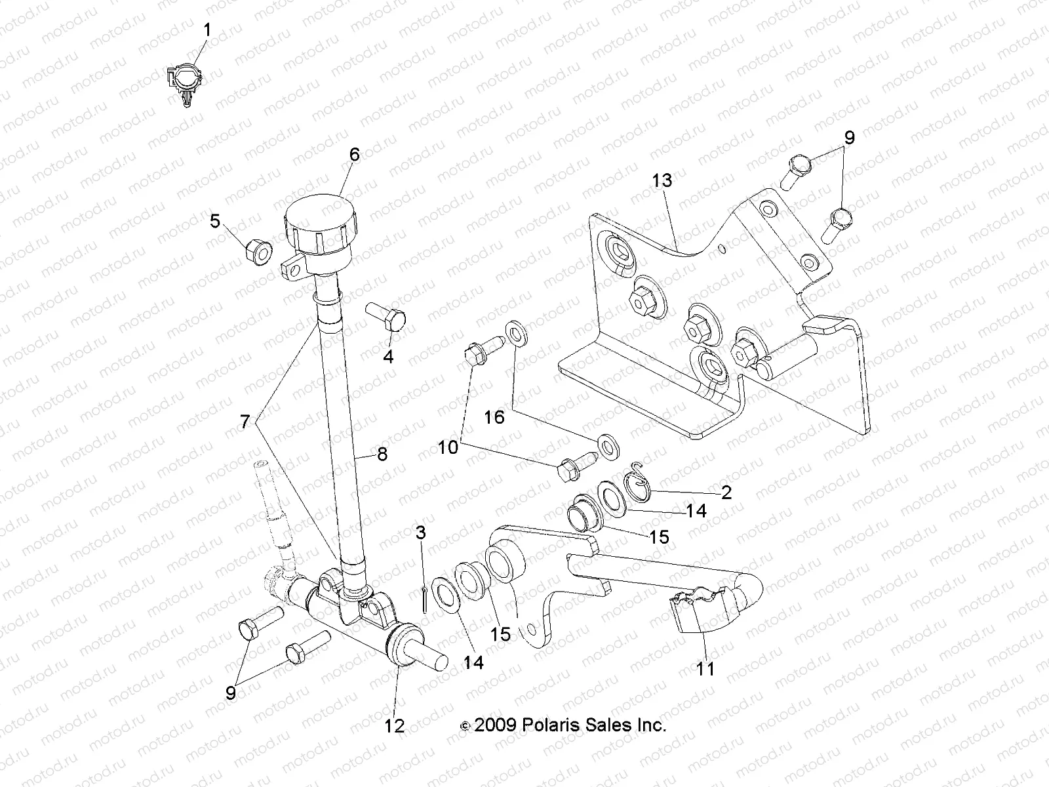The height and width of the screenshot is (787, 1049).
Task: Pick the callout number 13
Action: (x=662, y=180)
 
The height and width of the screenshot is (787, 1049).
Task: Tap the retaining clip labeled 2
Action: (x=646, y=481)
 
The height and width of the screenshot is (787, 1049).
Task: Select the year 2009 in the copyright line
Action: (x=496, y=725)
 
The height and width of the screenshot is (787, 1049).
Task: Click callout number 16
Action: (x=494, y=417)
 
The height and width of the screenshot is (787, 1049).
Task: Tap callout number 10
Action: (x=448, y=449)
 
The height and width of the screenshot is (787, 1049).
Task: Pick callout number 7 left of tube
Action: (x=245, y=422)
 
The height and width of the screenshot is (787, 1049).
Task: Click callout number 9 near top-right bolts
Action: (x=849, y=138)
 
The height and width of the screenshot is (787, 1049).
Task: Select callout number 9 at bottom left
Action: (x=230, y=693)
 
